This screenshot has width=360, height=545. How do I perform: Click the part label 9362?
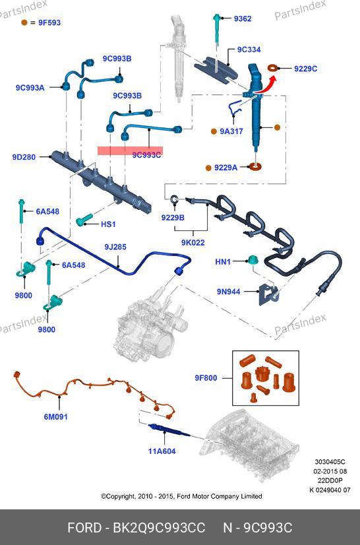click(x=242, y=18)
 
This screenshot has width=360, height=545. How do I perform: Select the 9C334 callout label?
click(x=249, y=49)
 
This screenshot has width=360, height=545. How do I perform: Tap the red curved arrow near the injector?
click(x=268, y=85)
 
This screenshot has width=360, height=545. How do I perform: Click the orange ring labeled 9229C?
click(x=273, y=68)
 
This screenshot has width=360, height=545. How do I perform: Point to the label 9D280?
click(x=24, y=157)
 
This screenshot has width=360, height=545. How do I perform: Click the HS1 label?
click(x=108, y=224)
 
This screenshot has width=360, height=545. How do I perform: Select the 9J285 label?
click(x=115, y=247)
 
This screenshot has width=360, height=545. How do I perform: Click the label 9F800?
click(x=205, y=378)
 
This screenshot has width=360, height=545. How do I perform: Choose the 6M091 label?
click(x=55, y=417)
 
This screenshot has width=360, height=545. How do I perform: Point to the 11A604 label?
click(x=162, y=451)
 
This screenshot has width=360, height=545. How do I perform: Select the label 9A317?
click(x=231, y=131)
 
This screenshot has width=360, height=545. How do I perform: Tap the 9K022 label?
click(x=193, y=242)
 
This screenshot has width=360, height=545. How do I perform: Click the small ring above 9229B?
click(x=175, y=199)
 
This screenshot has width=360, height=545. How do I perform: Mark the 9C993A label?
click(x=30, y=88)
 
